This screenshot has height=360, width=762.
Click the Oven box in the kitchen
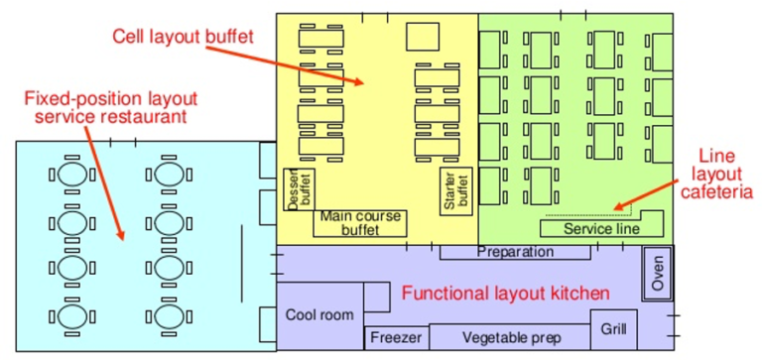658,272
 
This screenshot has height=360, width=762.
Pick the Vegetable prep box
510,338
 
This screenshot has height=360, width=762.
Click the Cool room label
319,315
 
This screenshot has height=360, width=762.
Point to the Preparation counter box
515,252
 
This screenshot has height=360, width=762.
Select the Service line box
602,228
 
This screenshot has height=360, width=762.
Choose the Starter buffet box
454,188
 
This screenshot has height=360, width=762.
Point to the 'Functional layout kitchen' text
505,293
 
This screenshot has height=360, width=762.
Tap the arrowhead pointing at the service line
617,207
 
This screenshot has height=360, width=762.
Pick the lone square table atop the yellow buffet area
422,37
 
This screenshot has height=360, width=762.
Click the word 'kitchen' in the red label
577,293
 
